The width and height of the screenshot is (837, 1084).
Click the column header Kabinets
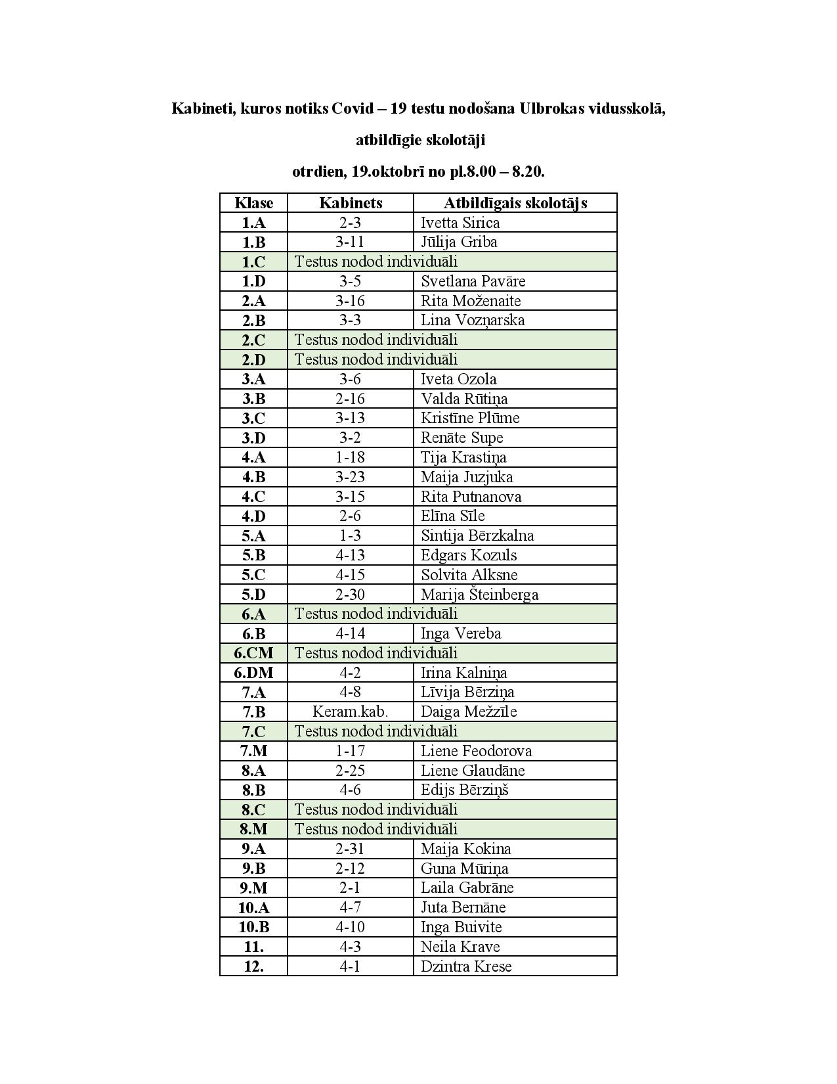click(351, 203)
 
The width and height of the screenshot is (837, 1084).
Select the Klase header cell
click(253, 203)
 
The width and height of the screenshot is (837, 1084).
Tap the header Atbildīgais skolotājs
click(515, 203)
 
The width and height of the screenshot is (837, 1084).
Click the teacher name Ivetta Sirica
click(460, 223)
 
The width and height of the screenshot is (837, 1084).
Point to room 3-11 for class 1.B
click(351, 242)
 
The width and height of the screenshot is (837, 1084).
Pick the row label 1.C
click(253, 262)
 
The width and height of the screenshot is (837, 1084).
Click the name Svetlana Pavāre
click(473, 281)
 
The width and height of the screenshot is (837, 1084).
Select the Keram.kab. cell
click(351, 711)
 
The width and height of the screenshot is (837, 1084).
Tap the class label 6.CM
click(253, 653)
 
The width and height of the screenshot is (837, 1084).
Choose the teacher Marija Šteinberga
click(479, 595)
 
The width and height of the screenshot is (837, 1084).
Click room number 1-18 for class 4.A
click(351, 457)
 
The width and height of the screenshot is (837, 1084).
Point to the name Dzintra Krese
click(465, 966)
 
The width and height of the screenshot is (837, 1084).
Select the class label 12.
click(253, 966)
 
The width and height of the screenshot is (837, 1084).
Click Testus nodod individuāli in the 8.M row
click(376, 829)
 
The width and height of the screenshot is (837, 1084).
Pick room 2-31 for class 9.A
click(351, 849)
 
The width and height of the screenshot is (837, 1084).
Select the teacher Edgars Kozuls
click(469, 555)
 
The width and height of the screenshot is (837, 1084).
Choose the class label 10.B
click(253, 927)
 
